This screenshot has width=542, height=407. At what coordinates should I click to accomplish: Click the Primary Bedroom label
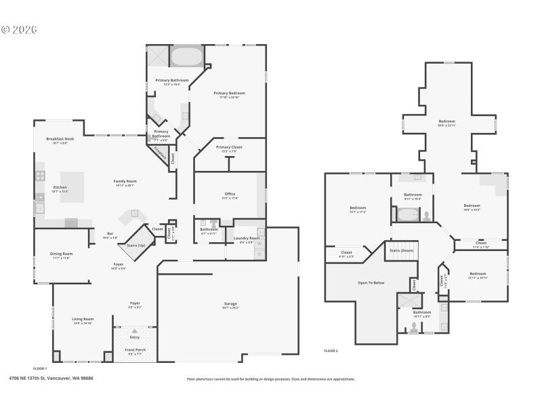click(229, 93)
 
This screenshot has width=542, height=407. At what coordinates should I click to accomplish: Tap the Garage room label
click(230, 303)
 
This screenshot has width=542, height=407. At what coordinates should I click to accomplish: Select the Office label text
click(230, 195)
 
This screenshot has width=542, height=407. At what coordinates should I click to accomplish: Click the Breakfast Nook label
click(58, 138)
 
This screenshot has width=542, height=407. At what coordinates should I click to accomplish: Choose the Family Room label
click(125, 181)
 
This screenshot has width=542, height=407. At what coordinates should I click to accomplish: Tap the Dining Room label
click(61, 254)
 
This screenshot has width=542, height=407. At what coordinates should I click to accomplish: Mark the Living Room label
click(83, 318)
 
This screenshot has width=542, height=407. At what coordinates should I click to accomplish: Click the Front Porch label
click(135, 350)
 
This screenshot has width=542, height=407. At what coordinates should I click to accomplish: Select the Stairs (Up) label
click(136, 245)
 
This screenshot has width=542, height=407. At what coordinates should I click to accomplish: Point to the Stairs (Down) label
click(401, 250)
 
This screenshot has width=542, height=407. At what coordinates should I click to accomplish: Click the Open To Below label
click(371, 282)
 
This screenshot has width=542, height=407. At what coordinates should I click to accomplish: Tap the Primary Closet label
click(229, 147)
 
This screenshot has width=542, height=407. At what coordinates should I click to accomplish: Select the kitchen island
click(72, 187)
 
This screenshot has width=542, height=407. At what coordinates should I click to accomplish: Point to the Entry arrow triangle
click(135, 330)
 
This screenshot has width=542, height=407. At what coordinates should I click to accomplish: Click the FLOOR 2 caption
click(331, 351)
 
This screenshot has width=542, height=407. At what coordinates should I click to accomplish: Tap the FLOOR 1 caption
click(40, 368)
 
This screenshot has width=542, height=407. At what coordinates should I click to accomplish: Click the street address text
click(51, 379)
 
